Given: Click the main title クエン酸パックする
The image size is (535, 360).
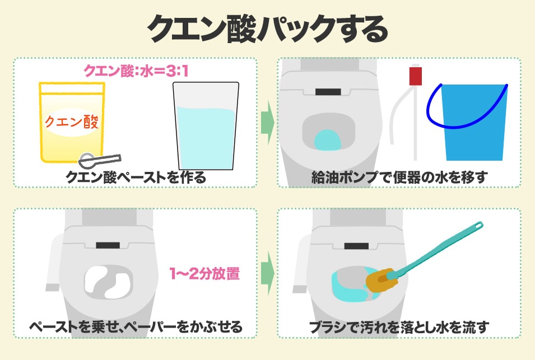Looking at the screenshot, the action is click(268, 29).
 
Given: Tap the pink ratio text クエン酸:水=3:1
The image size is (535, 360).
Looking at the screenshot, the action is click(136, 71).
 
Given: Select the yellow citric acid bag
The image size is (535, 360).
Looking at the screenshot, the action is click(72, 123).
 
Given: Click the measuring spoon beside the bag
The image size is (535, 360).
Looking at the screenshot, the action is click(100, 160).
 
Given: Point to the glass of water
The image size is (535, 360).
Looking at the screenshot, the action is click(206, 126).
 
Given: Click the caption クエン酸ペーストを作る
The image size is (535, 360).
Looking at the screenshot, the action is click(136, 177).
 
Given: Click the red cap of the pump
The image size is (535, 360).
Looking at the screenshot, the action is click(415, 76).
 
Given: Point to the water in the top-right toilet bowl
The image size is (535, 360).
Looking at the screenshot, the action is click(328, 140).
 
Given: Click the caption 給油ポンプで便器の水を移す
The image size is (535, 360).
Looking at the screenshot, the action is click(399, 177).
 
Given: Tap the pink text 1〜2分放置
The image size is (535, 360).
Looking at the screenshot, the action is click(204, 274).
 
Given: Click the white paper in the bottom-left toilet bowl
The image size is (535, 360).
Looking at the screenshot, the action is click(108, 281).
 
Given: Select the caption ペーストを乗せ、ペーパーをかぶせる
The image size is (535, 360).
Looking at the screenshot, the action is click(136, 327).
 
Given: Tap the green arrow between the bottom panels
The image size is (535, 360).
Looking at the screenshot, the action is click(268, 273).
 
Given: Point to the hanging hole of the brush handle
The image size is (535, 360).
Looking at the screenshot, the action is click(479, 225).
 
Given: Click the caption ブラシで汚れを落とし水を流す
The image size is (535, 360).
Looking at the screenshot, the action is click(399, 328).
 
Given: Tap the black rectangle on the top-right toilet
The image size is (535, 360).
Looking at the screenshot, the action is click(328, 92).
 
